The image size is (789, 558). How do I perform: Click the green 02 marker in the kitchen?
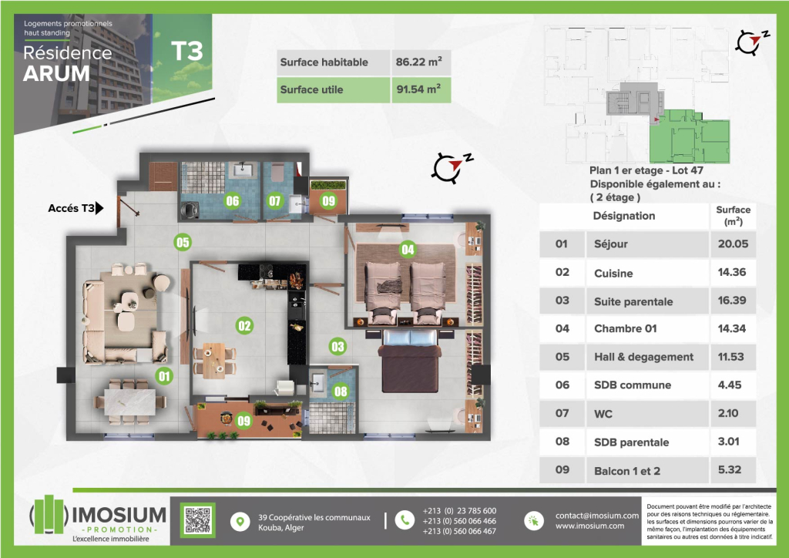[x=244, y=325]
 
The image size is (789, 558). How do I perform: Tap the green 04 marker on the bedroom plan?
[x=408, y=249]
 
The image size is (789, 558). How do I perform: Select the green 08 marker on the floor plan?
[x=341, y=392]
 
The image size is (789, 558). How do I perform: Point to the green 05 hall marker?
[x=183, y=243]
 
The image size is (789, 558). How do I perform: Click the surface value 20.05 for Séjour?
[x=733, y=244]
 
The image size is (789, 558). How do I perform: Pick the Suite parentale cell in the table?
[x=633, y=301]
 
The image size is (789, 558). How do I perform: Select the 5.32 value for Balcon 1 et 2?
[x=730, y=470]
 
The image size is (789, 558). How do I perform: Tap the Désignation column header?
[x=624, y=216]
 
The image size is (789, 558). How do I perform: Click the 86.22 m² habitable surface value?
[x=418, y=62]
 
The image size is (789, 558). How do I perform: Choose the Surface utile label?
[x=311, y=89]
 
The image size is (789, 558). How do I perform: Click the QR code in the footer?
[x=198, y=520]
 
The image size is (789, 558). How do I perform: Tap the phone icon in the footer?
[x=405, y=521]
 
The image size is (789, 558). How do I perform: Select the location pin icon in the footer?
[x=240, y=522]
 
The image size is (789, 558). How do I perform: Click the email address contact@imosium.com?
[x=597, y=516]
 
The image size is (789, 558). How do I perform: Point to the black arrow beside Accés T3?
[x=99, y=207]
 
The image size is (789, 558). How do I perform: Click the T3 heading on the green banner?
[x=186, y=51]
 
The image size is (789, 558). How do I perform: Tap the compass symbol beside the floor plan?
[x=451, y=167]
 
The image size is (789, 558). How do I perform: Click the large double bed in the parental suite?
[x=410, y=360]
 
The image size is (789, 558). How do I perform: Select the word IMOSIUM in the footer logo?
[x=119, y=514]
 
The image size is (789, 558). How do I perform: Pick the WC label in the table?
[x=603, y=414]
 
